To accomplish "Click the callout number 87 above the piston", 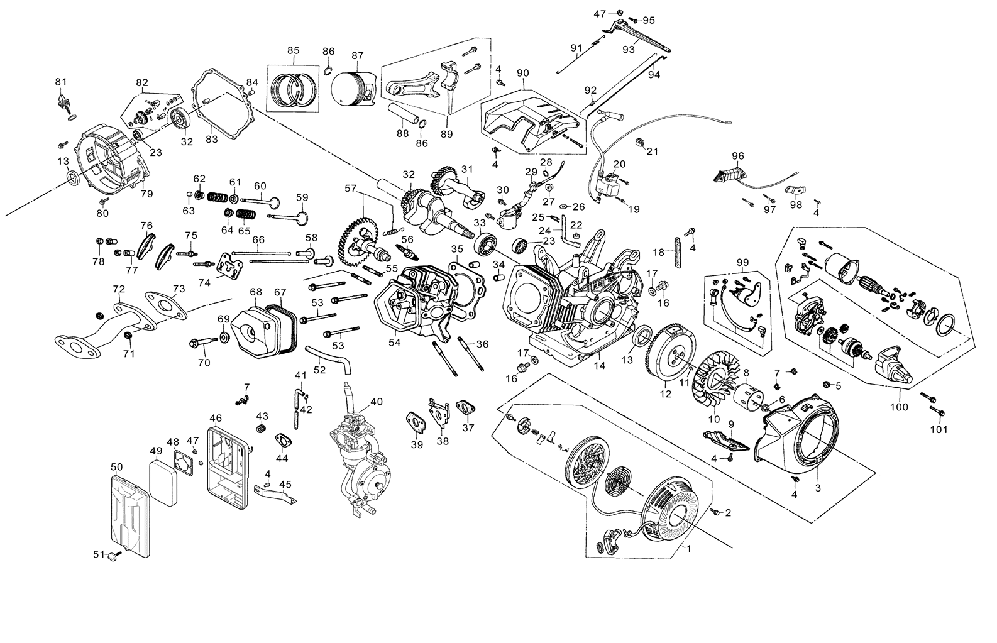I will pos(358,55).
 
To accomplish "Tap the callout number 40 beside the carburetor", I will pos(376,402).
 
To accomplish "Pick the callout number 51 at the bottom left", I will pos(98,554).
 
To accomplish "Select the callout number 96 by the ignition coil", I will pos(738,156).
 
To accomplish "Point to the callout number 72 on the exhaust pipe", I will pos(119,289).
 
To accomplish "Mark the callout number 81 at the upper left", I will pos(60,82).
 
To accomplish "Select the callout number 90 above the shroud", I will pos(522,73).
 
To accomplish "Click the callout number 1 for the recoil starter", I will pos(688,547).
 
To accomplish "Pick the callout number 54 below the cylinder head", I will pos(395,342).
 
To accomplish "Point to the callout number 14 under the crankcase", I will pos(600,365).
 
